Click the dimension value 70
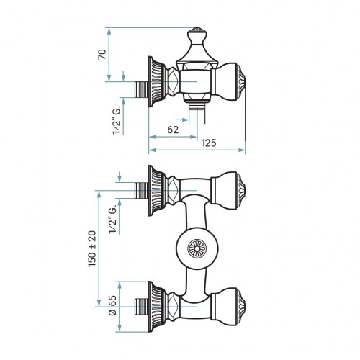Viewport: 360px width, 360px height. click(102, 54)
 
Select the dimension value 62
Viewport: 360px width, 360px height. click(173, 130)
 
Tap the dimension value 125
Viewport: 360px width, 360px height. click(209, 143)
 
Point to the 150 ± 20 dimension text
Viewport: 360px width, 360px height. click(92, 248)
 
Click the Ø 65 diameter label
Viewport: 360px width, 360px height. click(112, 305)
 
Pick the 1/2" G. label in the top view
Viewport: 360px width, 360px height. click(117, 121)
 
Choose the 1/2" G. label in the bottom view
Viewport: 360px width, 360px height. click(112, 220)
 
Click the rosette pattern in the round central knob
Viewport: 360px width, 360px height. click(197, 248)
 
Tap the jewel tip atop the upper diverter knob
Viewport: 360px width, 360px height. click(197, 30)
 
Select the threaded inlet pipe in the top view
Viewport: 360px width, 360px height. click(142, 89)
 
